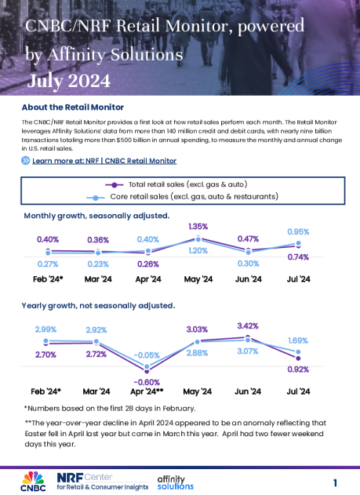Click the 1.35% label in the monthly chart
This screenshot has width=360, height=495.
[198, 227]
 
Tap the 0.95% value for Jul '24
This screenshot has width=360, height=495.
[298, 232]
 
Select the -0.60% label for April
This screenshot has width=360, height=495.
[147, 382]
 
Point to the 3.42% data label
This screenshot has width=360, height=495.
[248, 324]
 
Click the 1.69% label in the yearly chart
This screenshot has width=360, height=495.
[299, 340]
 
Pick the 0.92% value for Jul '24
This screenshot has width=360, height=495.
[299, 368]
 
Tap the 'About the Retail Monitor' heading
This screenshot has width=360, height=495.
[72, 107]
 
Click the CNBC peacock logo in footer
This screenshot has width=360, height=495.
[32, 478]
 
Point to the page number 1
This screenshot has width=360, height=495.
[335, 482]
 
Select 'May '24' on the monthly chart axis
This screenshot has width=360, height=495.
[198, 278]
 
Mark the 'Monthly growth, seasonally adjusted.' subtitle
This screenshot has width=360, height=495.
[96, 215]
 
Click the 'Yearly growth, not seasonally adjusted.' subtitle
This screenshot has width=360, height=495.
[99, 304]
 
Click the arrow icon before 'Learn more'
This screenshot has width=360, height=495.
[26, 160]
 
